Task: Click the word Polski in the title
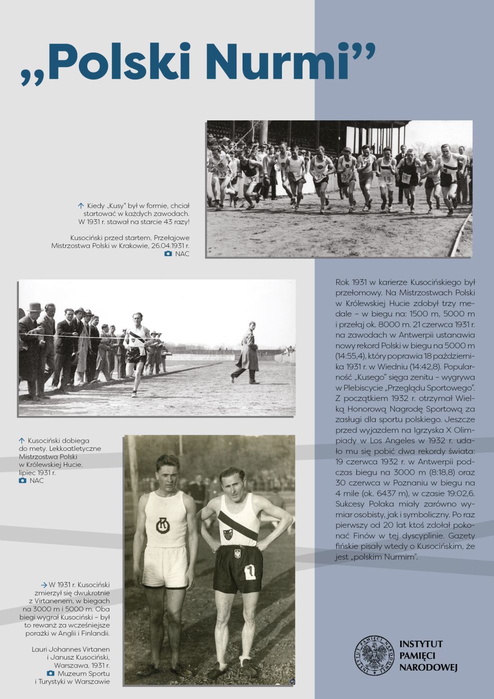[x=120, y=62]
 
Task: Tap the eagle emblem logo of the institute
[x=374, y=655]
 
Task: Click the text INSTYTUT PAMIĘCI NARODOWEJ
[x=428, y=655]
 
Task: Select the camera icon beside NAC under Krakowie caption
[x=168, y=254]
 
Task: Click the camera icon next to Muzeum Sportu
[x=50, y=674]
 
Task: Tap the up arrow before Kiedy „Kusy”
[x=80, y=206]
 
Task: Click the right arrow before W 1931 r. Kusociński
[x=44, y=585]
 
